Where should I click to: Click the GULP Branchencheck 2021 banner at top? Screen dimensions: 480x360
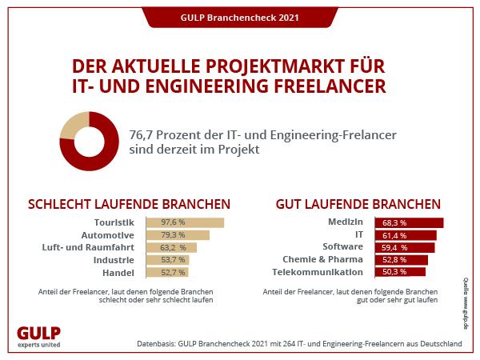coord(240,18)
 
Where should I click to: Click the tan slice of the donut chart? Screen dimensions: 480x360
coord(73,124)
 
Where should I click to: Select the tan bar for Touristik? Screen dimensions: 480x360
coord(185,222)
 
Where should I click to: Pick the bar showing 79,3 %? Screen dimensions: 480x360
coord(178,235)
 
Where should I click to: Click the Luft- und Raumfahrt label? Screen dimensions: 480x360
coord(88,247)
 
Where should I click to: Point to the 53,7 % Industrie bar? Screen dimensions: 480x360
coord(168,260)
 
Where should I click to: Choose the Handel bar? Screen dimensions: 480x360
coord(167,273)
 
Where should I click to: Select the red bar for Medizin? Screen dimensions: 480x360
coord(409,222)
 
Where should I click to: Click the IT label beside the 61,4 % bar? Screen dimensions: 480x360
coord(359,234)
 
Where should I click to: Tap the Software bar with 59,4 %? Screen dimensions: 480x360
coord(405,248)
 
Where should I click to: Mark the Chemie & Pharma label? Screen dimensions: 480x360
coord(322,259)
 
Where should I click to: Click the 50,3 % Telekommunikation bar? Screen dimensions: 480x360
coord(400,272)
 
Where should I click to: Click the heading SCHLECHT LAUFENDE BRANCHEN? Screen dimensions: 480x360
coord(129,204)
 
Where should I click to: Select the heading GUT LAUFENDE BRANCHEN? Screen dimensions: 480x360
coord(358,204)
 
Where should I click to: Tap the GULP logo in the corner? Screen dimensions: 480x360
coord(39,337)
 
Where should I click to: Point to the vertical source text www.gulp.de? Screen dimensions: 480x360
coord(466,303)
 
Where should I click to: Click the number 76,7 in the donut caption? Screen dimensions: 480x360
coord(141,135)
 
